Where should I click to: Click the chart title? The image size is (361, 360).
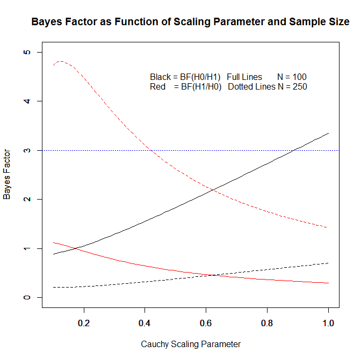pyautogui.click(x=191, y=23)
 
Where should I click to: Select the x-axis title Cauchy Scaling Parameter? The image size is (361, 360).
pyautogui.click(x=191, y=344)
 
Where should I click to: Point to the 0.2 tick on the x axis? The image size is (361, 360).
pyautogui.click(x=84, y=323)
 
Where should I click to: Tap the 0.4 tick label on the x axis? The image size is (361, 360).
pyautogui.click(x=145, y=323)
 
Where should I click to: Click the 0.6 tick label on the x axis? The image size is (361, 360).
pyautogui.click(x=206, y=323)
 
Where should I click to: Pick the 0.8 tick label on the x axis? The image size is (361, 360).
pyautogui.click(x=267, y=323)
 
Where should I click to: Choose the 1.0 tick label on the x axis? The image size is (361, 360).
pyautogui.click(x=328, y=323)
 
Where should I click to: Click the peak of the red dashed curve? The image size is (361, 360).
pyautogui.click(x=61, y=61)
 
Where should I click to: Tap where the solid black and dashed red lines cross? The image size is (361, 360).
pyautogui.click(x=213, y=189)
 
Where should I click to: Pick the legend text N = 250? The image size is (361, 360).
pyautogui.click(x=292, y=86)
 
